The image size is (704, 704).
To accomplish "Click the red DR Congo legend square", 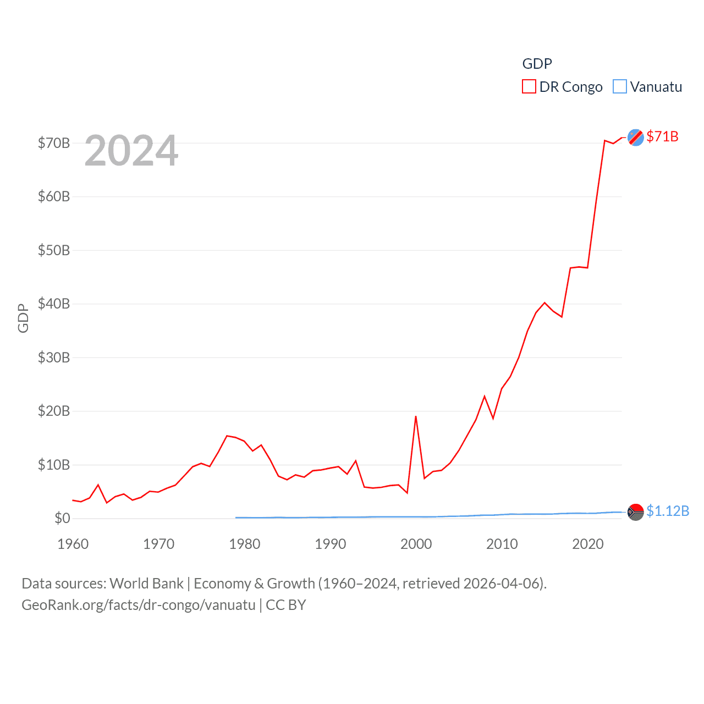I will click(529, 87).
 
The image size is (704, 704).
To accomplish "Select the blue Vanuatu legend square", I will click(620, 87).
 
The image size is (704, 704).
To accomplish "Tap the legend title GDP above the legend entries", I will click(537, 64).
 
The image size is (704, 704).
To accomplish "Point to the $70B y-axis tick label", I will click(54, 143).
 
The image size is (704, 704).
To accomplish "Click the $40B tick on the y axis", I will click(54, 304).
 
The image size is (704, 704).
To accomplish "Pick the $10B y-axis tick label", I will click(54, 465).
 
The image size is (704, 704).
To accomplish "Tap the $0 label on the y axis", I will click(62, 518).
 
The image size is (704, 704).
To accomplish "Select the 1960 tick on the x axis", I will click(73, 544).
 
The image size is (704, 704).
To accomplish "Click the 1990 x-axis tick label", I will click(331, 544).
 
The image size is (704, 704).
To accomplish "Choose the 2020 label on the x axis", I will click(588, 544).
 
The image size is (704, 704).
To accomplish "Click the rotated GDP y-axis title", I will click(23, 318).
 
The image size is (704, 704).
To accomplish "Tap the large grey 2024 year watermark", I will click(131, 150).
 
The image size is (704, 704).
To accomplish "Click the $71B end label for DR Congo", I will click(662, 136).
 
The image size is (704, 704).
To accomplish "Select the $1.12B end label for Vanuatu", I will click(668, 511).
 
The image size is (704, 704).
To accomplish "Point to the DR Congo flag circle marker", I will click(636, 137).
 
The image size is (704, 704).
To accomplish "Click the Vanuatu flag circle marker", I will click(636, 512).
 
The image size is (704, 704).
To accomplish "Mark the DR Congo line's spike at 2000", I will click(416, 416).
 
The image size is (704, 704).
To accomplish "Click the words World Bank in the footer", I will click(147, 583).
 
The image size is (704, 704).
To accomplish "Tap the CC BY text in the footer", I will click(286, 605).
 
